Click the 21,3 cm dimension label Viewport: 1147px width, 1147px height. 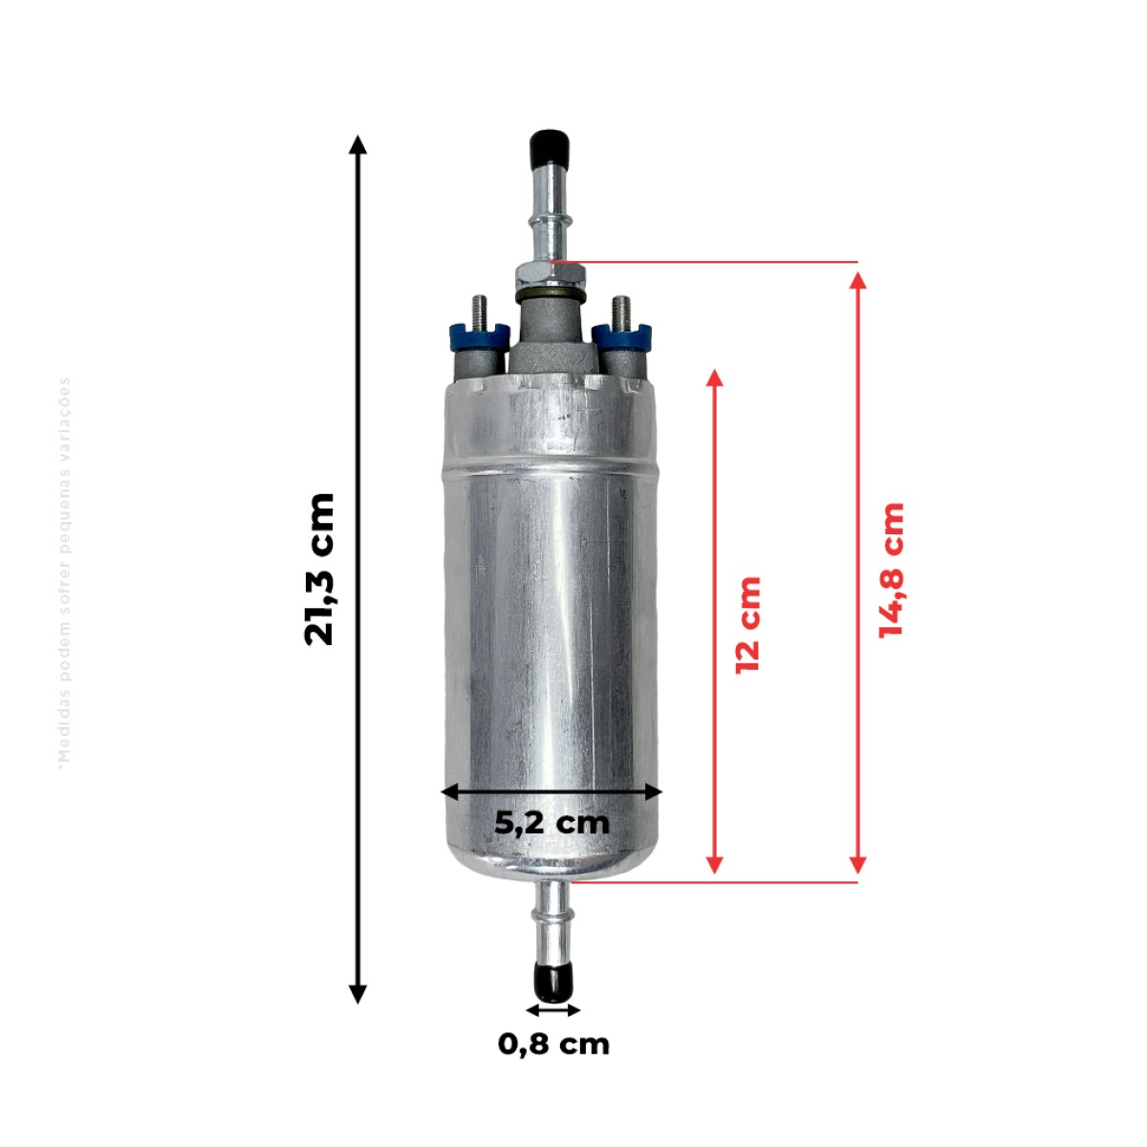pyautogui.click(x=319, y=569)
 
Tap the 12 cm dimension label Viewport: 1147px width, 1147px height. pyautogui.click(x=748, y=624)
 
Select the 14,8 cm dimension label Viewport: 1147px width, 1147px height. pyautogui.click(x=892, y=571)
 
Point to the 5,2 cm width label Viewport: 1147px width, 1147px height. pyautogui.click(x=552, y=823)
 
